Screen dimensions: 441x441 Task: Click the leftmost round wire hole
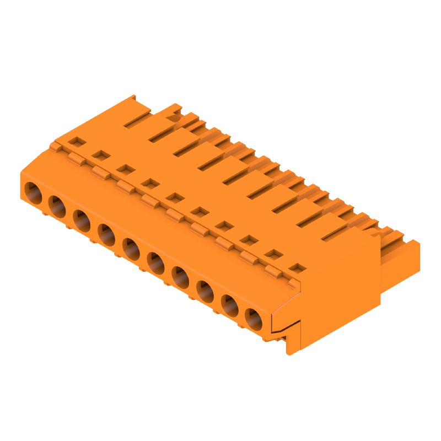click(x=33, y=192)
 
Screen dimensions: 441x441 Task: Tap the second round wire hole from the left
click(x=57, y=206)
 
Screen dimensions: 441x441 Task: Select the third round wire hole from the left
click(x=82, y=219)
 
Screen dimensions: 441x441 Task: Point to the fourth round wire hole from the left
click(x=106, y=233)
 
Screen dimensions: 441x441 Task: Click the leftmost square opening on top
click(x=76, y=141)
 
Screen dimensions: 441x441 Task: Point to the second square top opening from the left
click(x=100, y=155)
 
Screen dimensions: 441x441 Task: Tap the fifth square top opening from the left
click(x=175, y=196)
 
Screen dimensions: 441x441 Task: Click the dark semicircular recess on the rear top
click(x=175, y=117)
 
